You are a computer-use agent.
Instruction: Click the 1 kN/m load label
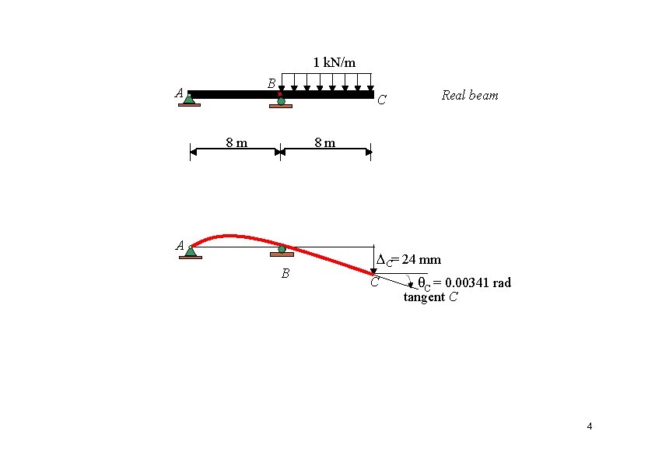click(x=335, y=61)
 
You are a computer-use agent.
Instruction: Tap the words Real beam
click(x=469, y=96)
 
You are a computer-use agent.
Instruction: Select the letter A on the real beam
click(x=180, y=93)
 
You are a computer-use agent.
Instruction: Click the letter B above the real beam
click(x=271, y=82)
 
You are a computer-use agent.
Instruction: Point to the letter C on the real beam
click(x=381, y=100)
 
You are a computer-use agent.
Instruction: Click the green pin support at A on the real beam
click(x=189, y=99)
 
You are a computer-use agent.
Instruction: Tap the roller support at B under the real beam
click(x=281, y=102)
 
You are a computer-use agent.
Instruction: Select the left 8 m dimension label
click(x=236, y=142)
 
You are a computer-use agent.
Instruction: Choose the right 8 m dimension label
click(x=324, y=142)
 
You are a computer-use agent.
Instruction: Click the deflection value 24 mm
click(x=421, y=259)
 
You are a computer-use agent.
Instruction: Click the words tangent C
click(x=430, y=297)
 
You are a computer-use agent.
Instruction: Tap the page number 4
click(x=589, y=426)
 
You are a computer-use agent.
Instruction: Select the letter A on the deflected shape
click(x=180, y=246)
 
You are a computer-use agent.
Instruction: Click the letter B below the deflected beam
click(x=285, y=274)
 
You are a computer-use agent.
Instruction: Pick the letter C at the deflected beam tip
click(x=374, y=282)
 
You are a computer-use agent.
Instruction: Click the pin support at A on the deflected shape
click(x=190, y=251)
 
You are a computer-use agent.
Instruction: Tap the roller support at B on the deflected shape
click(x=282, y=251)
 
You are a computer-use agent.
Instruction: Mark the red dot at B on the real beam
click(x=280, y=94)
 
